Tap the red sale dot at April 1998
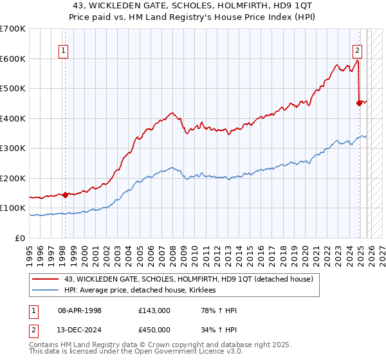click(x=65, y=195)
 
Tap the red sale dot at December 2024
click(x=359, y=102)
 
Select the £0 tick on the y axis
click(x=21, y=239)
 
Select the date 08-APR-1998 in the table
click(x=80, y=310)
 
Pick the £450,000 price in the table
click(x=154, y=331)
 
